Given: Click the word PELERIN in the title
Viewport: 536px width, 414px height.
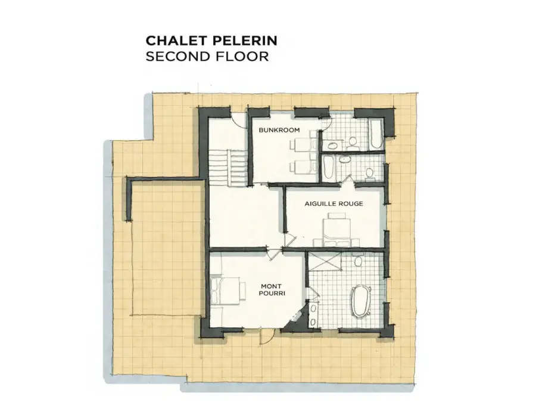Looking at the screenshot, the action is click(245, 41).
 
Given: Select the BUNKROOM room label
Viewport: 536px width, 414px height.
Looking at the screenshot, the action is click(279, 130).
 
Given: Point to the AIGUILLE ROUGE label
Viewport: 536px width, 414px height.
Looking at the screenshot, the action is click(334, 204).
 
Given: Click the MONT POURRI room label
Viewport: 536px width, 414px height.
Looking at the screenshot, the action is click(271, 290).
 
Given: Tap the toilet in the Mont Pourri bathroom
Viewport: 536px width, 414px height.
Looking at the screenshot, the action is click(358, 260).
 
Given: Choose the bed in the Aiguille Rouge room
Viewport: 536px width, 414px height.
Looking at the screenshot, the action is click(336, 229).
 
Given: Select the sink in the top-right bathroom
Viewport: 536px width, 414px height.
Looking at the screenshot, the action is click(331, 146).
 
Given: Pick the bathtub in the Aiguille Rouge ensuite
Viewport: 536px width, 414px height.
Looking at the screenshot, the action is click(328, 168).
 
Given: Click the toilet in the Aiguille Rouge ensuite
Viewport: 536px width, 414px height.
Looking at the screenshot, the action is click(369, 174).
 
